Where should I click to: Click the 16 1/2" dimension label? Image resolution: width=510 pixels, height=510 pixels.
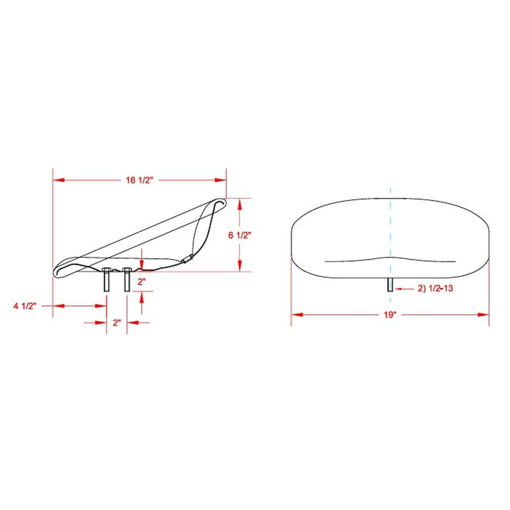pyautogui.click(x=139, y=180)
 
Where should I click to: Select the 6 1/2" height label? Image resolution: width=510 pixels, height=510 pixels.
pyautogui.click(x=240, y=235)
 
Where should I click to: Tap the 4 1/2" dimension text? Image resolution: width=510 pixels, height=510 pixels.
pyautogui.click(x=25, y=305)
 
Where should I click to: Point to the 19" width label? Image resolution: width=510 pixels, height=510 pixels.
pyautogui.click(x=390, y=315)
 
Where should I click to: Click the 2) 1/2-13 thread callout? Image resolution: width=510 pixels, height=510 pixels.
pyautogui.click(x=435, y=288)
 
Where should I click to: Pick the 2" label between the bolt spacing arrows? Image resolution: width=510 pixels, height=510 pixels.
pyautogui.click(x=117, y=323)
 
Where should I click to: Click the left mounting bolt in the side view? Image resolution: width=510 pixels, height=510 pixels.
pyautogui.click(x=107, y=279)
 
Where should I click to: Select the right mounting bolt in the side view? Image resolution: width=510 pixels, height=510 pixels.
pyautogui.click(x=127, y=279)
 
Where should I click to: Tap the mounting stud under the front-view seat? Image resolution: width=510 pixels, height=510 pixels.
pyautogui.click(x=390, y=285)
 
